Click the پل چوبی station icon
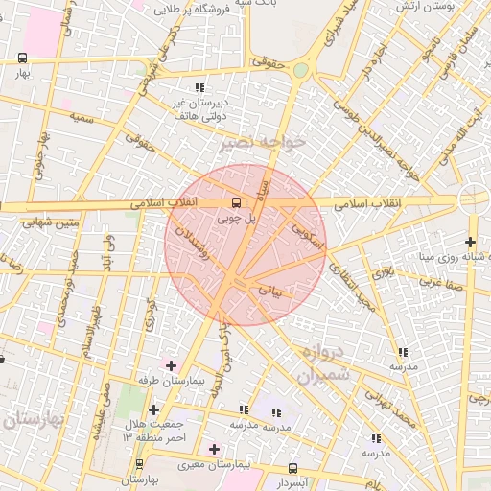click(x=236, y=202)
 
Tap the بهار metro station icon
click(x=22, y=58)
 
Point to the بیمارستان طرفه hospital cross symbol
click(x=171, y=365)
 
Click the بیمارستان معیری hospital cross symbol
click(x=214, y=449)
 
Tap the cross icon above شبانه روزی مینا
click(x=469, y=242)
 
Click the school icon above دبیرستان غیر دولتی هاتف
click(x=199, y=87)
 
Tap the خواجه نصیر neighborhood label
click(x=261, y=143)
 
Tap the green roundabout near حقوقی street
click(x=301, y=70)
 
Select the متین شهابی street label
click(x=27, y=223)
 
